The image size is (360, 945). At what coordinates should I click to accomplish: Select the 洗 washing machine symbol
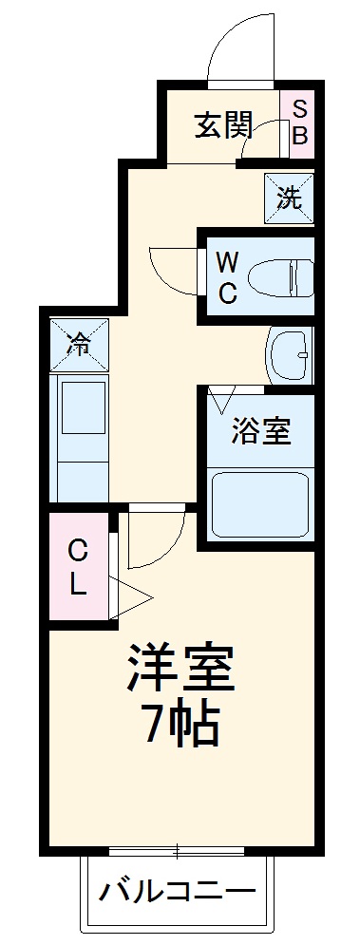pos(288,198)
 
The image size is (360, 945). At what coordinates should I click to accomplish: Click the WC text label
pos(227,276)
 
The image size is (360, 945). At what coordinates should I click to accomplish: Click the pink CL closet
pos(78,566)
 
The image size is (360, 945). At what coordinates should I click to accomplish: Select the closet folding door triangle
pos(131,596)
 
